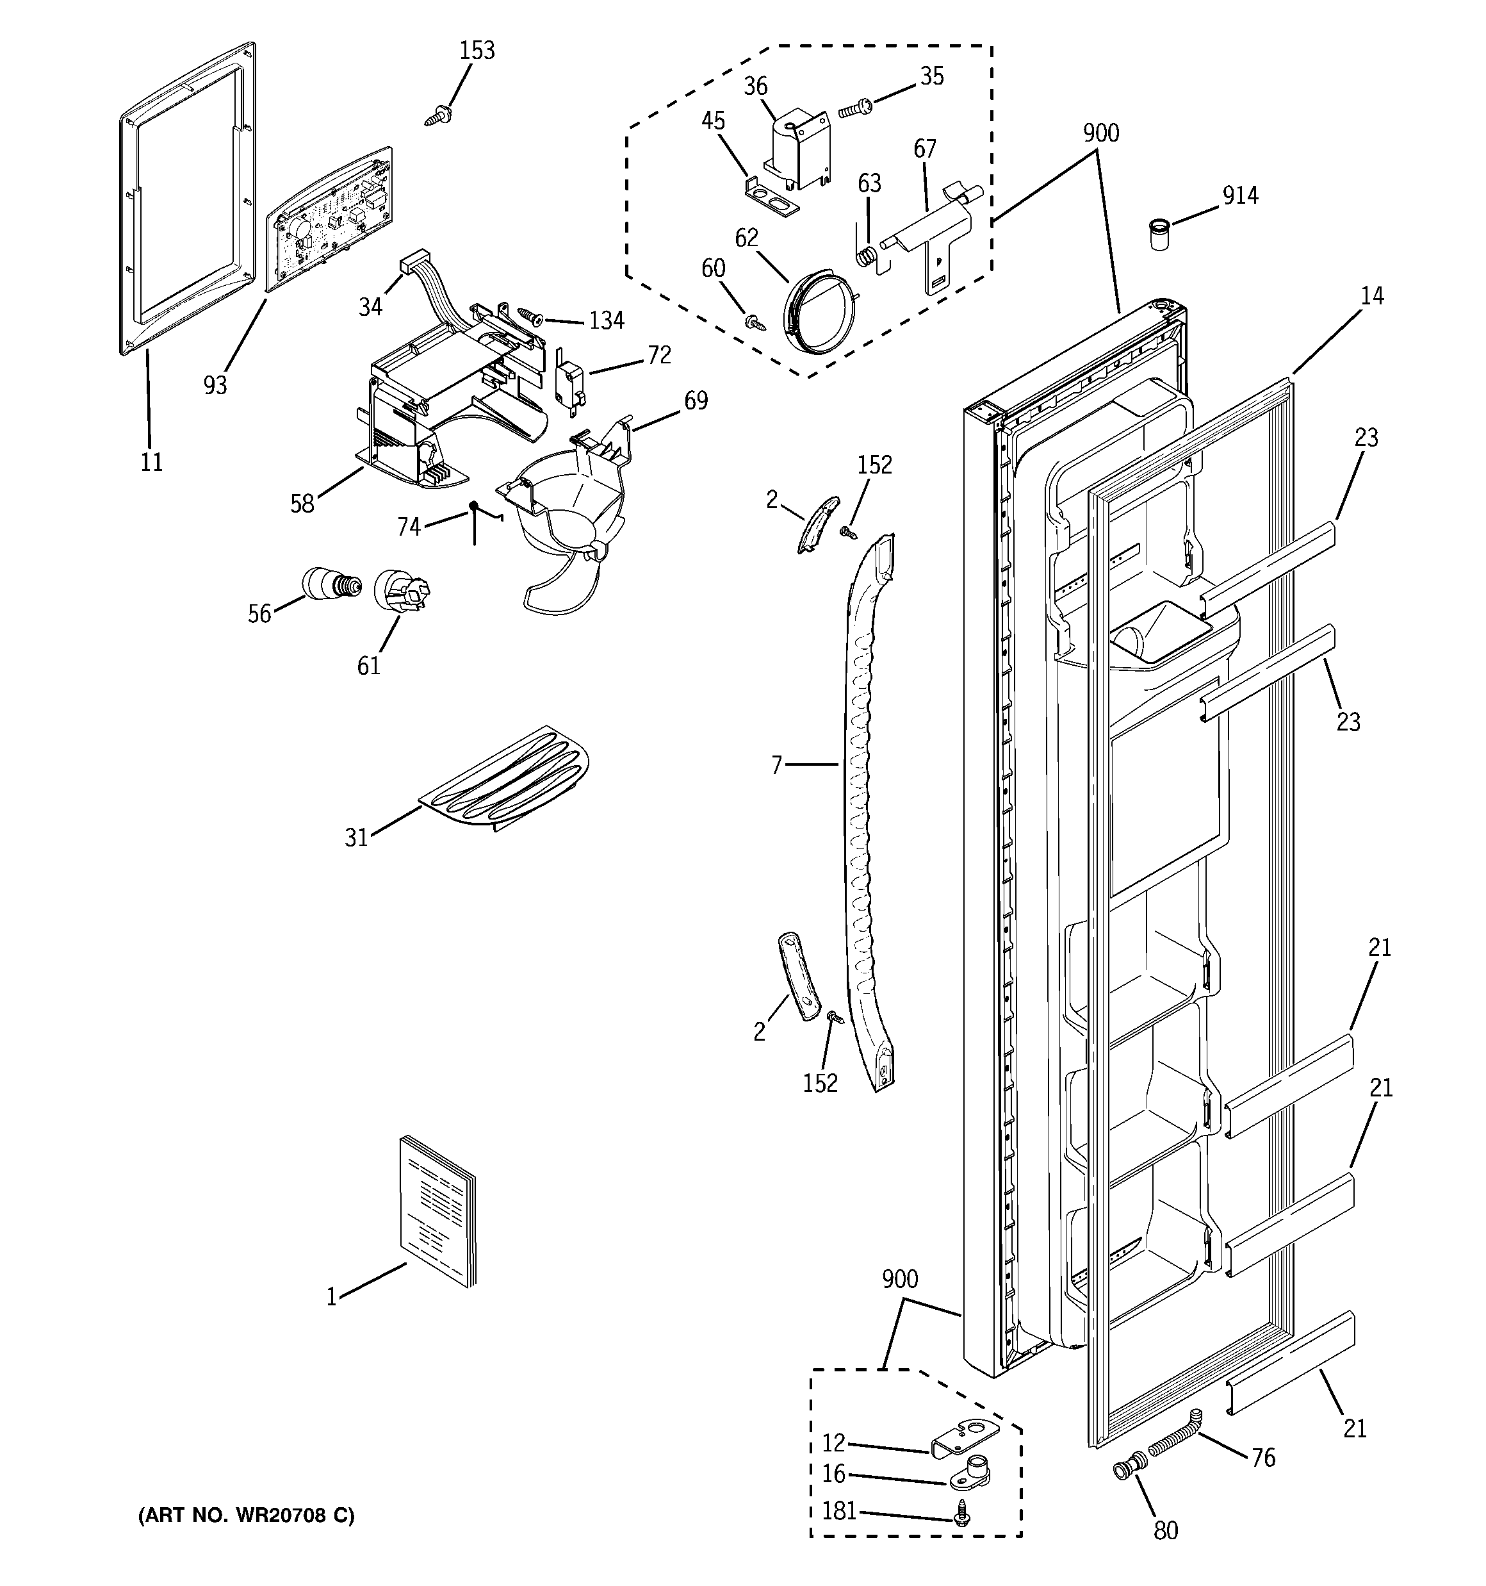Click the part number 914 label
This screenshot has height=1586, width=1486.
(1240, 195)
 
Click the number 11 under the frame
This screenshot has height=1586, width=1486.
(152, 462)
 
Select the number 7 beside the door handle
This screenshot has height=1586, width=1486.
(777, 765)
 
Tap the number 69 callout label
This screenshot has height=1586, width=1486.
(696, 401)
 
